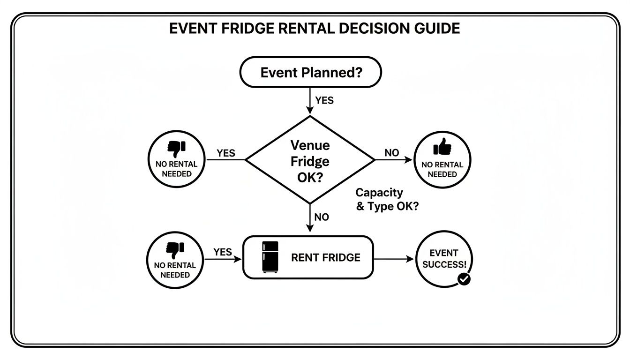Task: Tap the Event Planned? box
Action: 310,73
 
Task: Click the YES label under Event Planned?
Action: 324,100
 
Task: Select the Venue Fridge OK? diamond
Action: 310,160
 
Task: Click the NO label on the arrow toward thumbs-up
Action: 392,153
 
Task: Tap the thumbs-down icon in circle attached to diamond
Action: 176,148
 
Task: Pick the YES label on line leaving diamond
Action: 226,153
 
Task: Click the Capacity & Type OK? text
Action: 387,200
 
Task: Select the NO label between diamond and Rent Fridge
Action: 322,217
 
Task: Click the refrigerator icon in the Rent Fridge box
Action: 270,257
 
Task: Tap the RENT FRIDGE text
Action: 326,258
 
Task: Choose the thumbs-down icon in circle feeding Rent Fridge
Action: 175,250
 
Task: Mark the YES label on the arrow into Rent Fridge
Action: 223,252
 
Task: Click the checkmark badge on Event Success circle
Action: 464,279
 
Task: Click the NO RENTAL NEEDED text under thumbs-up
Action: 442,170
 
